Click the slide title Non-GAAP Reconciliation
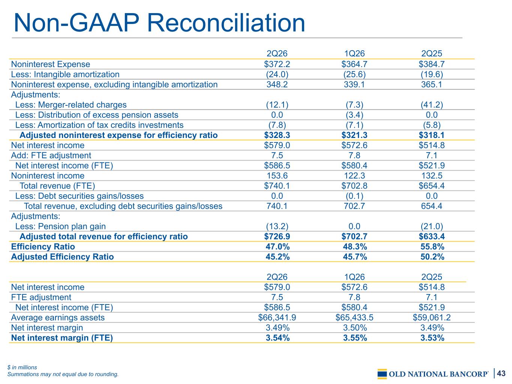(159, 23)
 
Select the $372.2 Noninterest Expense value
(277, 64)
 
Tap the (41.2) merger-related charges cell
(431, 105)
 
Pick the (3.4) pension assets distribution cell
(354, 115)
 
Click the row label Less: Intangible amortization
(65, 74)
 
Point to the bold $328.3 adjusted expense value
(277, 135)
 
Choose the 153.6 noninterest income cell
(277, 175)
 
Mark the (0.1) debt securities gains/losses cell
(354, 196)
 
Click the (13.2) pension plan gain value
(277, 226)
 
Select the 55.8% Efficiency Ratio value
(432, 246)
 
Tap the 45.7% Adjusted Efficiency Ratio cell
(354, 257)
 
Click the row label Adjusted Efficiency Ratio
(62, 257)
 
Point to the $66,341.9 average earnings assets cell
(277, 317)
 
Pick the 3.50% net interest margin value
(354, 328)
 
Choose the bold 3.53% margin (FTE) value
(432, 338)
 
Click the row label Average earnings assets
(58, 318)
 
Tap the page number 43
(501, 373)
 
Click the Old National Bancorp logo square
(382, 374)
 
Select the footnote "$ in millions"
(22, 367)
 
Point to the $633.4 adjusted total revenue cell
(431, 236)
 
